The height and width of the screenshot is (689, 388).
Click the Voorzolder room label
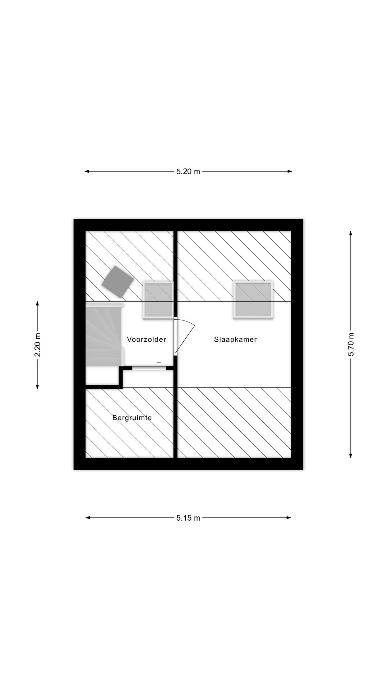[x=146, y=339]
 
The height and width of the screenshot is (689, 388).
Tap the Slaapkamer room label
[x=235, y=339]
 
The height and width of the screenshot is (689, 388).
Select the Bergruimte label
[x=132, y=418]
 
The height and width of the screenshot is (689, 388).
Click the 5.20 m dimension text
[x=188, y=172]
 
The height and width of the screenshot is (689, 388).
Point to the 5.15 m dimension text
[x=188, y=518]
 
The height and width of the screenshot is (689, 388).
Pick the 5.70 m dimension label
[x=351, y=344]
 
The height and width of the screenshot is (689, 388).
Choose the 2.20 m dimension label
[x=37, y=345]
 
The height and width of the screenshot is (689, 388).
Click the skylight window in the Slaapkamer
[x=253, y=300]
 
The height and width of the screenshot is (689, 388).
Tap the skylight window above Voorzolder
[x=158, y=300]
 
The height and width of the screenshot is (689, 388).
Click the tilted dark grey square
[x=118, y=282]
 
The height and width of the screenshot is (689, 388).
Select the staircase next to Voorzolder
[x=105, y=335]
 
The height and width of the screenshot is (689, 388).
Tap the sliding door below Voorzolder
[x=149, y=368]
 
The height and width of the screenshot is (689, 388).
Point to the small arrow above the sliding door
[x=159, y=363]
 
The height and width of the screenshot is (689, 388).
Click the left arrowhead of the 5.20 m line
[x=87, y=172]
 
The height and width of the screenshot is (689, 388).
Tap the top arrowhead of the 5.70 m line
[x=351, y=233]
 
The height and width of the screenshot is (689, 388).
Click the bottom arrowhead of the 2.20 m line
[x=37, y=386]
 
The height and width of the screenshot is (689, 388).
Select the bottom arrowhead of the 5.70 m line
[x=351, y=456]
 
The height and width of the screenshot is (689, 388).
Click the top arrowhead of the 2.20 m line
[x=37, y=304]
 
